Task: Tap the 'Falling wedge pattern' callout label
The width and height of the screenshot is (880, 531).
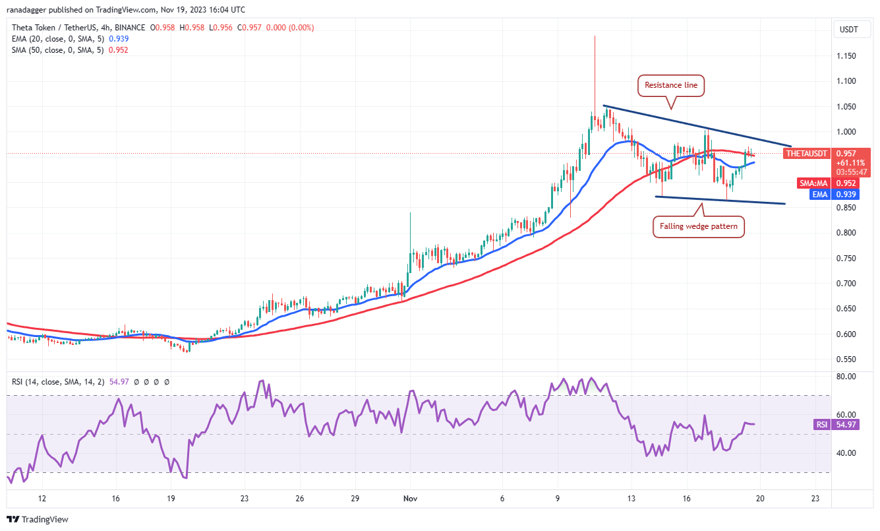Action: click(x=699, y=227)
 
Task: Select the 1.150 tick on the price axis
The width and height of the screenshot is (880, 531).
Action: click(x=846, y=56)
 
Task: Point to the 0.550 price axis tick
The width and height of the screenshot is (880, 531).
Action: click(x=846, y=359)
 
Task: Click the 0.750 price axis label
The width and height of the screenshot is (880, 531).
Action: click(x=846, y=259)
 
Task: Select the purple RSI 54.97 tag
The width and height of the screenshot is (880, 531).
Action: click(x=829, y=425)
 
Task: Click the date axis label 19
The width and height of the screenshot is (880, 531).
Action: click(x=171, y=499)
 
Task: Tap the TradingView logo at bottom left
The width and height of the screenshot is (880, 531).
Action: click(x=38, y=519)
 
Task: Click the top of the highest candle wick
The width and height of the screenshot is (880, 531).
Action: click(x=595, y=36)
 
